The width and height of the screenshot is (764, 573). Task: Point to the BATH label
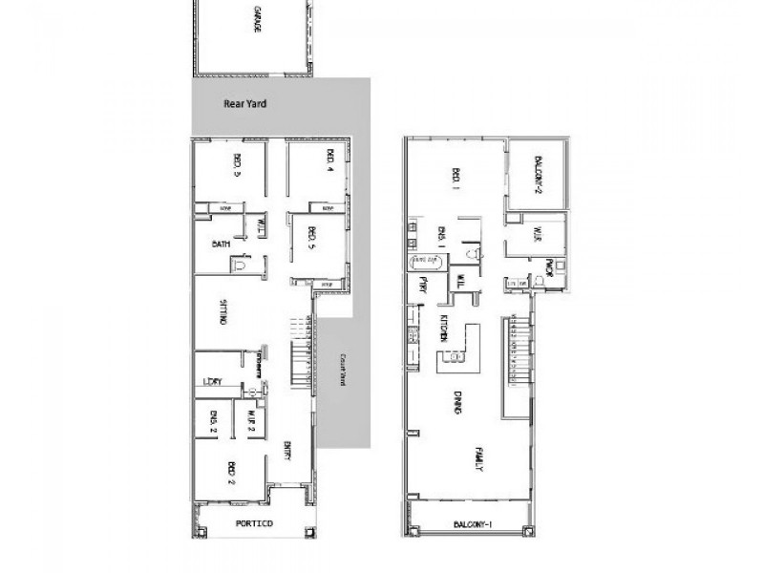[221, 244]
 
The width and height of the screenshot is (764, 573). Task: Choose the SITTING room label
[223, 313]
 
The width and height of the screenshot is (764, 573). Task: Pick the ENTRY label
[287, 451]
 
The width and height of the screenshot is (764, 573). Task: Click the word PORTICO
[254, 524]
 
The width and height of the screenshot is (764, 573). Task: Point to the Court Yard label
[342, 369]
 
